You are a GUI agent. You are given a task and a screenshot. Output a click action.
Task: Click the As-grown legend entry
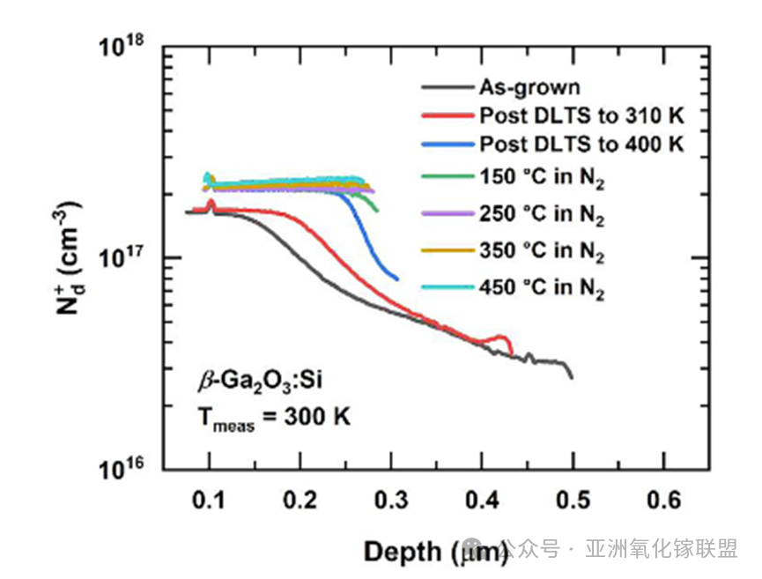[x=529, y=87]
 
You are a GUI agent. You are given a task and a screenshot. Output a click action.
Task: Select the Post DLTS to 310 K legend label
[x=581, y=115]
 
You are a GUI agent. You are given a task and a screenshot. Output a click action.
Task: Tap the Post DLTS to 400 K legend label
[x=581, y=144]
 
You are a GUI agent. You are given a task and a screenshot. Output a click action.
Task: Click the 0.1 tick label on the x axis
[x=209, y=500]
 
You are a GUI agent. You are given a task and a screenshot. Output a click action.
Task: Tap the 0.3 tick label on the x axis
[x=391, y=500]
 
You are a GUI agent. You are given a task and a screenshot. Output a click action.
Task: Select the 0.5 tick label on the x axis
[x=573, y=500]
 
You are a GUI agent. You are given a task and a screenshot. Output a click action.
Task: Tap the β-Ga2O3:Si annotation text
[x=255, y=383]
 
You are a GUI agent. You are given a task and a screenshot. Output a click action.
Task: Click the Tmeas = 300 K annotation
[x=272, y=417]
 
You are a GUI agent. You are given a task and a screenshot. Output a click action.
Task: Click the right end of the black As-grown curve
[x=572, y=377]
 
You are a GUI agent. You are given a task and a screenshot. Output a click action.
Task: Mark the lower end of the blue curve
[x=397, y=278]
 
